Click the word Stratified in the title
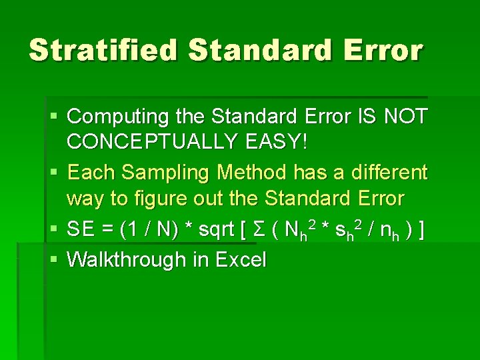coord(103,50)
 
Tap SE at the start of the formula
coord(81,230)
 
